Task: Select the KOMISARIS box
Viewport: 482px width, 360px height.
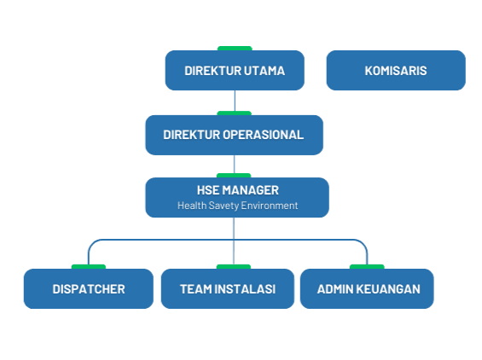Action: pos(396,71)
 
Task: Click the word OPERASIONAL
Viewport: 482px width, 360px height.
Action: pos(263,135)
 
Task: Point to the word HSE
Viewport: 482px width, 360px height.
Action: pos(208,190)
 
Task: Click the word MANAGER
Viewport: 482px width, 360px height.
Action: pos(251,190)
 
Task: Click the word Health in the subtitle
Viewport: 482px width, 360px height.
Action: pos(192,206)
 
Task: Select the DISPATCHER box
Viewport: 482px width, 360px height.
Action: pos(89,288)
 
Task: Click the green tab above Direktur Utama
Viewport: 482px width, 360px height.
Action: pos(235,49)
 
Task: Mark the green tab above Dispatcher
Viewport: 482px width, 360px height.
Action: pos(89,266)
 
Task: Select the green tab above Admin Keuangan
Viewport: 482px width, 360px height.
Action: pos(367,266)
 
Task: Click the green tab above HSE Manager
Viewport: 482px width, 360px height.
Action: pos(234,176)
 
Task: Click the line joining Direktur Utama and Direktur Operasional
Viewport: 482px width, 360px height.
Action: pos(235,101)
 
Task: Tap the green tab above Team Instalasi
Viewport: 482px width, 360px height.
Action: pos(234,266)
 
